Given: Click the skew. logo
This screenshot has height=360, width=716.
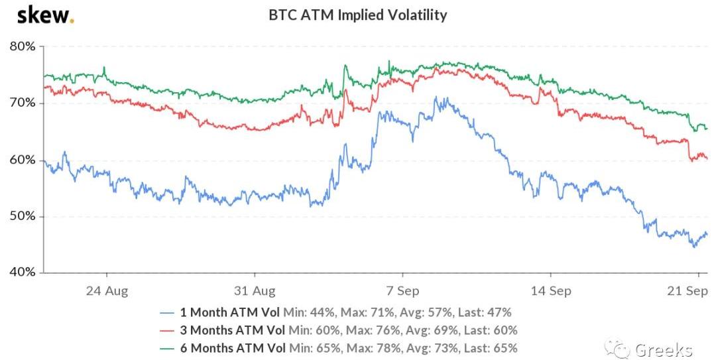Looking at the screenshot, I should point(45,15).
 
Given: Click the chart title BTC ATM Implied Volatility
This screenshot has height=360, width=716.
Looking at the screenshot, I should point(357,15).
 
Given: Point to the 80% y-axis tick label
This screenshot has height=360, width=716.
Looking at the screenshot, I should point(23,47).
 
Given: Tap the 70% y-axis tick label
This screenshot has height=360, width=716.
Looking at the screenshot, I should point(23,103).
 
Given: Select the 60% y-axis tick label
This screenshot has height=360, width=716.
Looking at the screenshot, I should point(23,160).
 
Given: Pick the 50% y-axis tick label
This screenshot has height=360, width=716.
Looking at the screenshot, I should point(23,217).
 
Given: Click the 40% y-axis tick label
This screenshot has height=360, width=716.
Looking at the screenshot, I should point(23,272).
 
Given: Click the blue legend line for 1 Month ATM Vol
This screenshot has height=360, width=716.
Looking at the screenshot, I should point(169,312).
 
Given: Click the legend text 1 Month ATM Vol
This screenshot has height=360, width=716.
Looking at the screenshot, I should point(230,312).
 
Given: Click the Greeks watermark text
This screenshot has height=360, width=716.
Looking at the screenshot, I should point(663,349).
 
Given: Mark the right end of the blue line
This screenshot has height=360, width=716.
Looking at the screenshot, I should point(707,234).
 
